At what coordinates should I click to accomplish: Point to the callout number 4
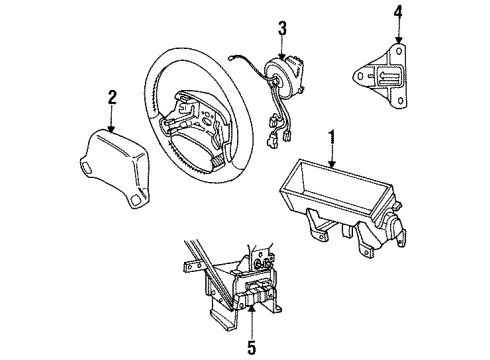point(398,14)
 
